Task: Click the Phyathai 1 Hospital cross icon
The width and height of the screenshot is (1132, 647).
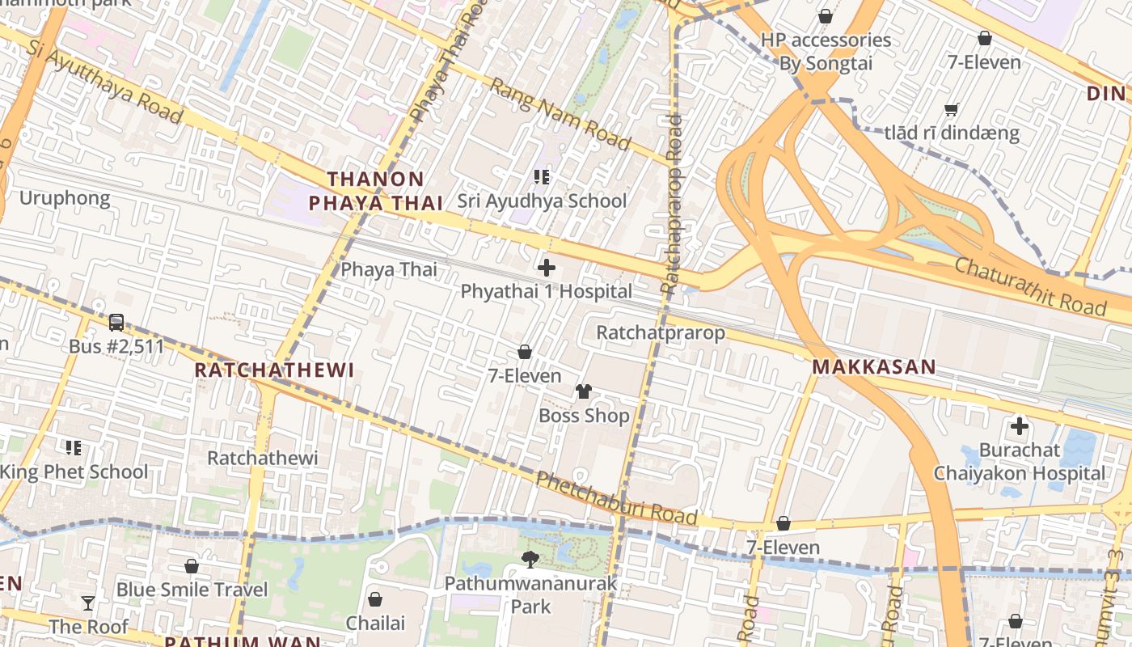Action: [547, 267]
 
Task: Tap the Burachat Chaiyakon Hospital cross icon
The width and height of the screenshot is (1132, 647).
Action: [1019, 425]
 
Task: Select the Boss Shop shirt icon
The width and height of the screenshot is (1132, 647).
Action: [584, 391]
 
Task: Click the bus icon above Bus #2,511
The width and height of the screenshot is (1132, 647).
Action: [116, 323]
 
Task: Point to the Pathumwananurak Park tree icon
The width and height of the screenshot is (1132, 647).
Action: [530, 558]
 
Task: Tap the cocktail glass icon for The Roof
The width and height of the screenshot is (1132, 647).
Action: [88, 603]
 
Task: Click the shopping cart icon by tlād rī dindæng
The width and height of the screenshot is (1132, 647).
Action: [952, 109]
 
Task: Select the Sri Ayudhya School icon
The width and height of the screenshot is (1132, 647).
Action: [541, 176]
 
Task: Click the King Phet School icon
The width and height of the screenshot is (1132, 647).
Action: [74, 447]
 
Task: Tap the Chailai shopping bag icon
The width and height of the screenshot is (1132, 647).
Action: [375, 599]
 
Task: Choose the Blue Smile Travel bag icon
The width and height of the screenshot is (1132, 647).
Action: [192, 566]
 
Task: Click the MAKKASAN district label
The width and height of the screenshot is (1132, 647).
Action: [873, 367]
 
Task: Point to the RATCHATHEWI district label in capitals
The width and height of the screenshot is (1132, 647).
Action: [275, 370]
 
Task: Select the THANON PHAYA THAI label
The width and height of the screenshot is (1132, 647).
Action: [376, 191]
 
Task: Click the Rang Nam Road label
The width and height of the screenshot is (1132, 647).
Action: [560, 113]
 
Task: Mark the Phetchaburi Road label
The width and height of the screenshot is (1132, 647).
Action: [616, 498]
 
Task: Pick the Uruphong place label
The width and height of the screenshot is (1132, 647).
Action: [65, 198]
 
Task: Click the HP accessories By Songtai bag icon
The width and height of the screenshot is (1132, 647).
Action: [826, 16]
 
